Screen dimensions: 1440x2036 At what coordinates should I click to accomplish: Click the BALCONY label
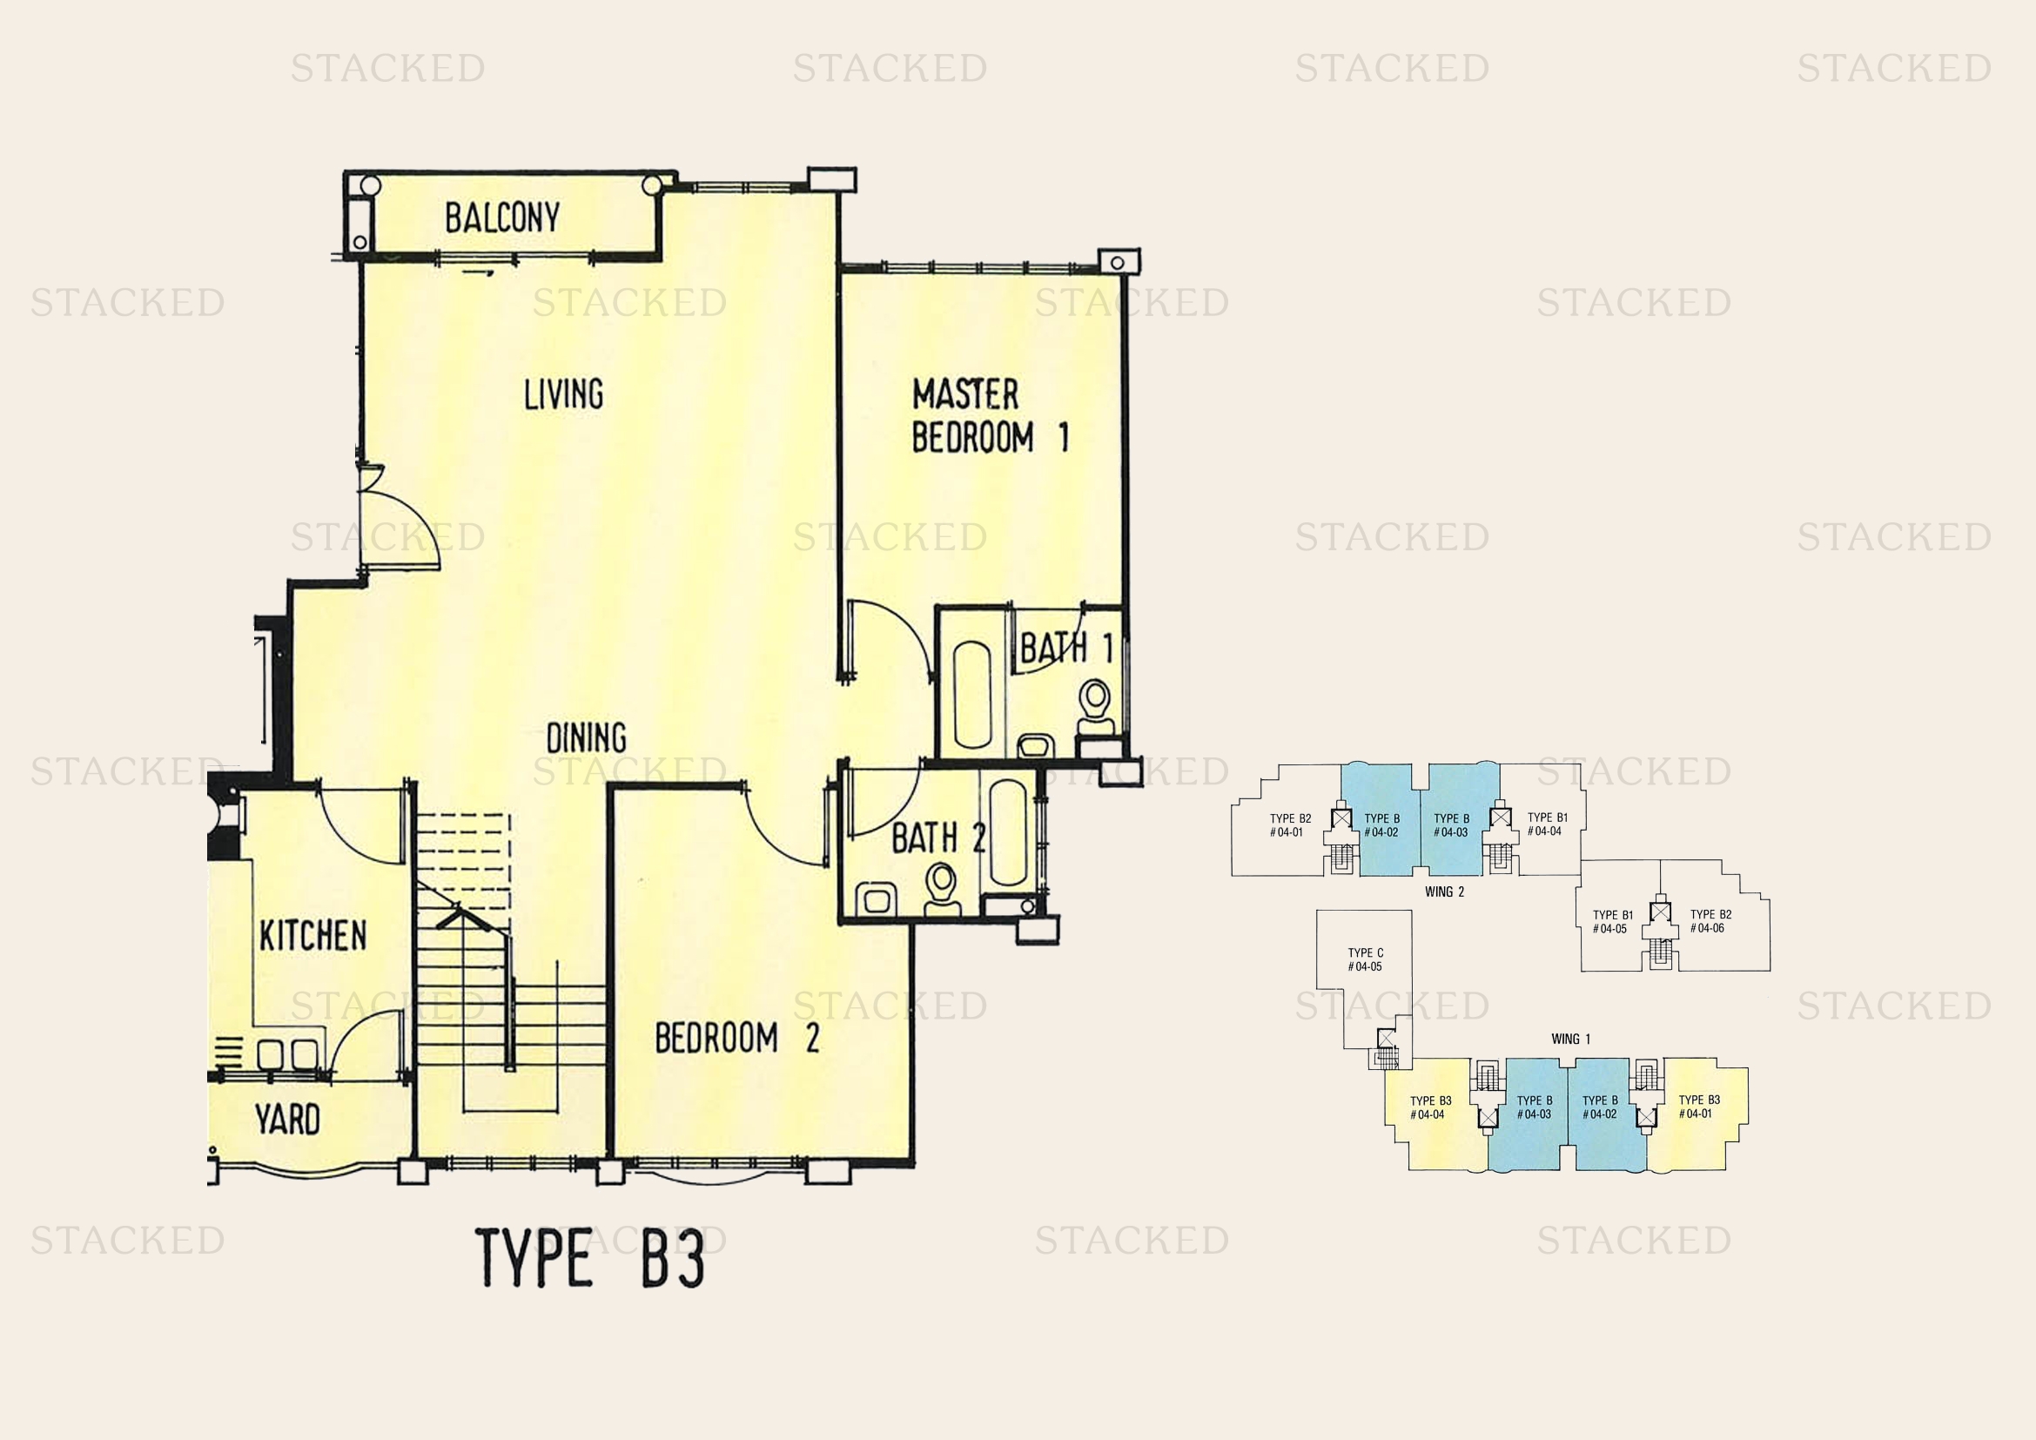[x=502, y=219]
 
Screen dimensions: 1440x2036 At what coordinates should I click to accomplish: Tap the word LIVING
[x=563, y=394]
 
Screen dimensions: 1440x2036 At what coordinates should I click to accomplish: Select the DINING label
[x=585, y=737]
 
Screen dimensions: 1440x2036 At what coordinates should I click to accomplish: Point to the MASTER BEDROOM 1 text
[x=989, y=416]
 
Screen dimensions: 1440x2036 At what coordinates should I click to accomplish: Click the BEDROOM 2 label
[x=736, y=1038]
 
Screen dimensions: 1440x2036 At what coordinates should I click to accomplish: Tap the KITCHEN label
[x=312, y=935]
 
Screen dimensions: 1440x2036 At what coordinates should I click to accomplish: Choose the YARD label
[x=286, y=1120]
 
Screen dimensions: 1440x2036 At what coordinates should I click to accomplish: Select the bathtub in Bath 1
[x=972, y=694]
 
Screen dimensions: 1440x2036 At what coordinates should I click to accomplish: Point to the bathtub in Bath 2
[x=1007, y=832]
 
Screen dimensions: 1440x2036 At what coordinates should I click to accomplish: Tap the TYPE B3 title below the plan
[x=589, y=1257]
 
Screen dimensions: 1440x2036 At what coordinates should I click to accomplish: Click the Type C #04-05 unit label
[x=1365, y=959]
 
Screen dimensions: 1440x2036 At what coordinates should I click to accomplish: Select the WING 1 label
[x=1570, y=1040]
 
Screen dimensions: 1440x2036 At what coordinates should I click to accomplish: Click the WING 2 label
[x=1445, y=892]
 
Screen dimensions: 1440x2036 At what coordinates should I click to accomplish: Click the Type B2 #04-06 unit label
[x=1710, y=921]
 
